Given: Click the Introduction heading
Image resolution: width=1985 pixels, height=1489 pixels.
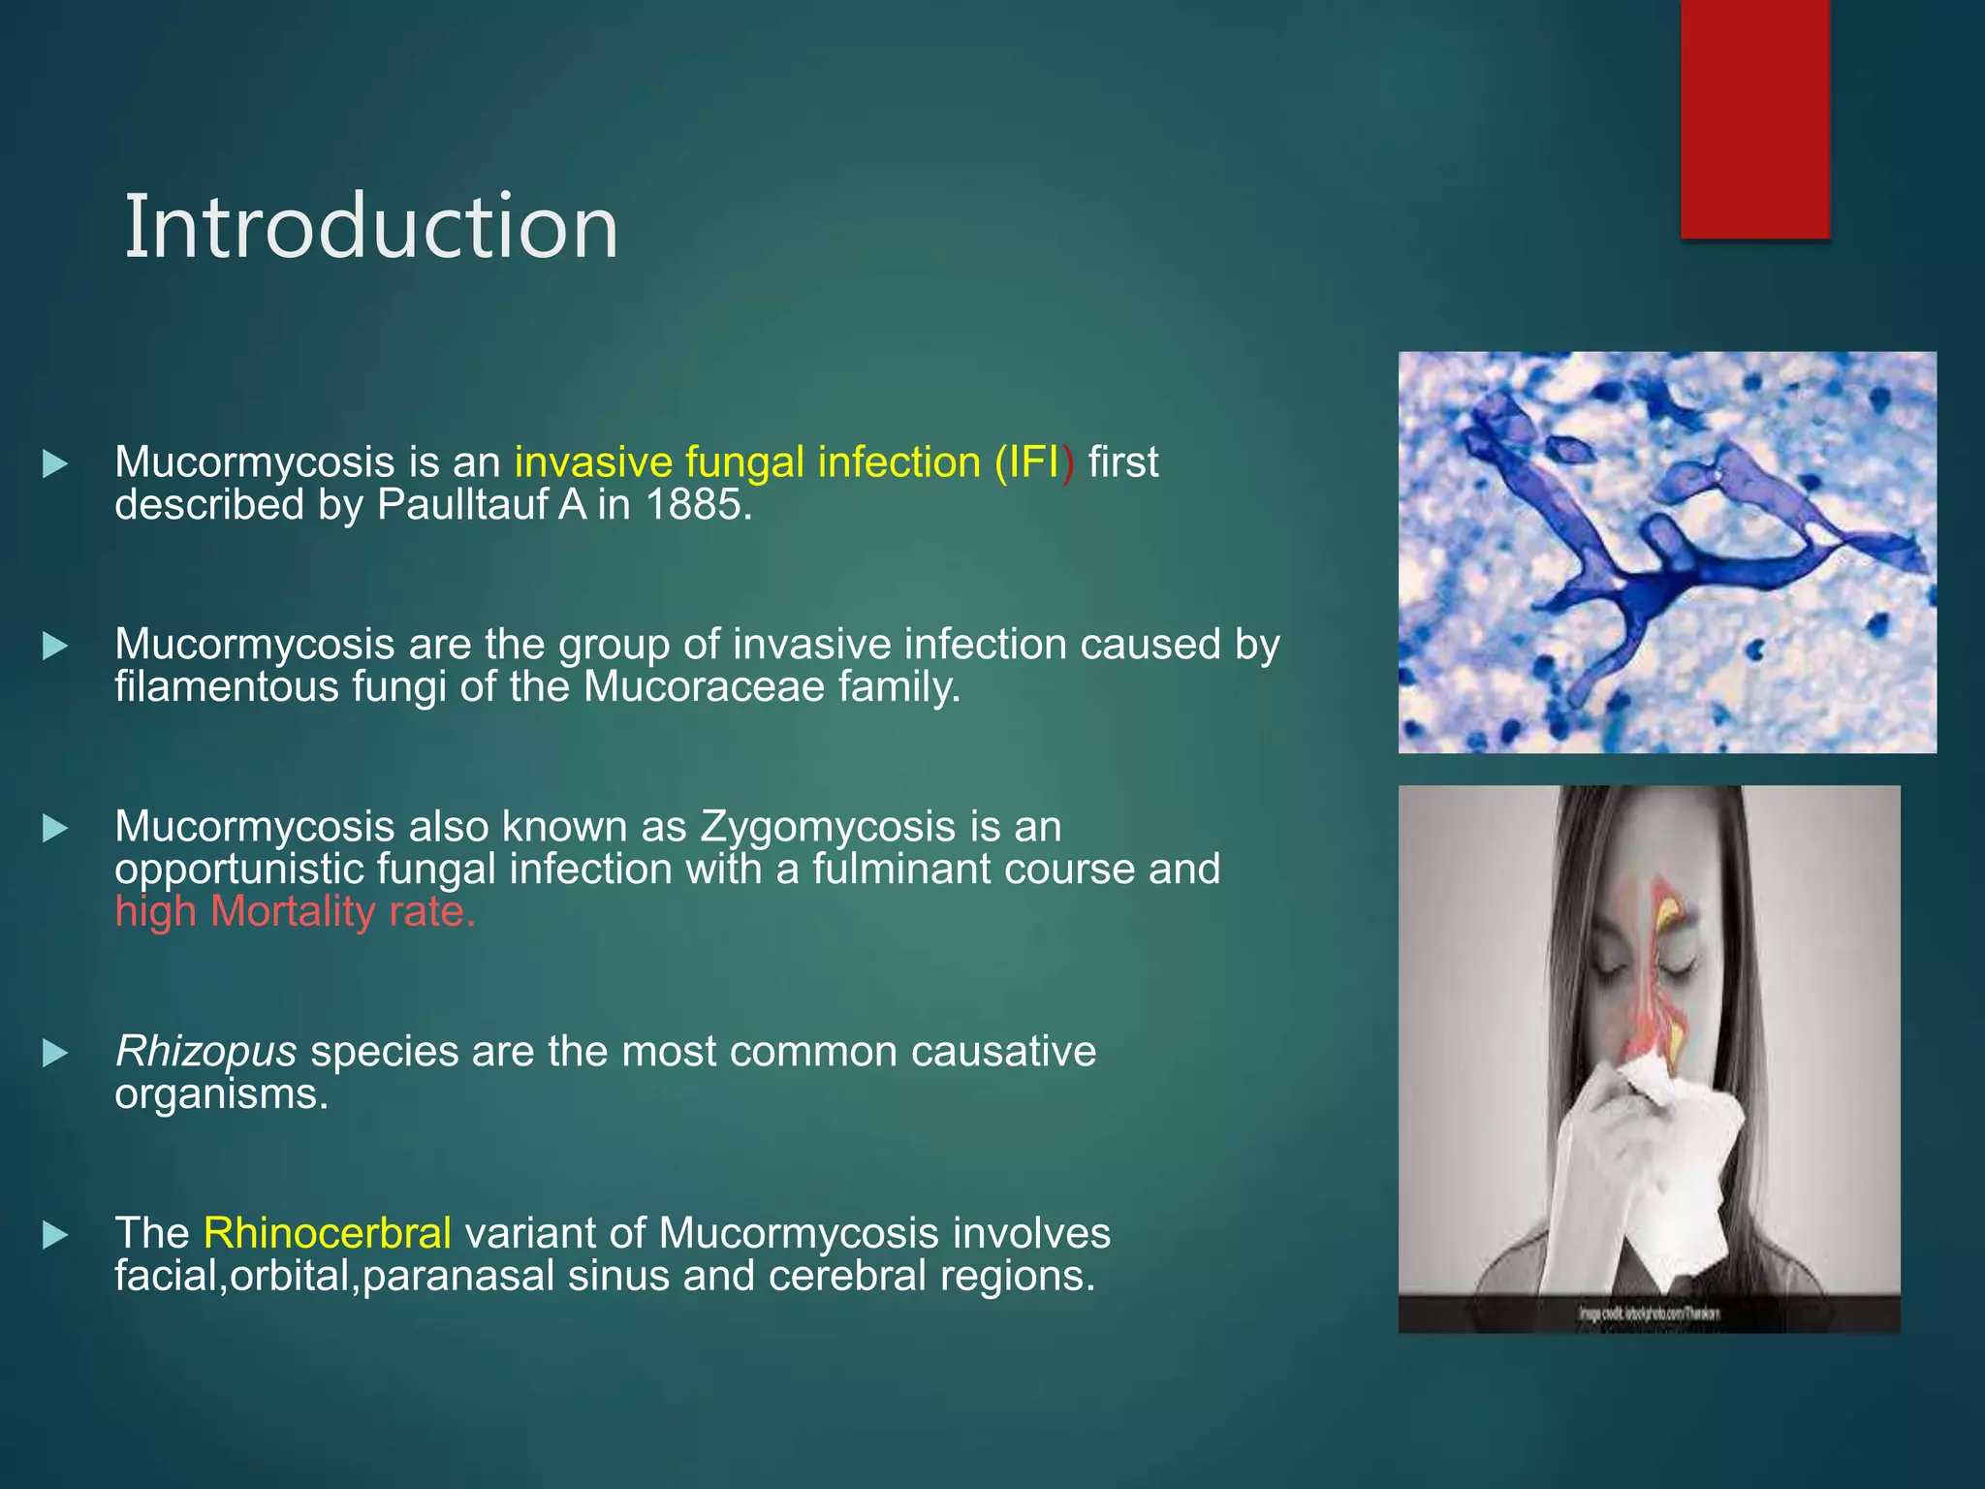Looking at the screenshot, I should (371, 227).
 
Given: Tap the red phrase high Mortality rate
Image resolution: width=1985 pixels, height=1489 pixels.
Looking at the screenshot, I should (295, 912).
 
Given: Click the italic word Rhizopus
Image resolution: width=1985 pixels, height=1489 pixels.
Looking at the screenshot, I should (205, 1052).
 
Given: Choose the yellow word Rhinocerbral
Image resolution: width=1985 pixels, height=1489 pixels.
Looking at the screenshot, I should (328, 1234).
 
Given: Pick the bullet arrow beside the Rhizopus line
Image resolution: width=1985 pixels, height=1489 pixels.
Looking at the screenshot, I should (55, 1053).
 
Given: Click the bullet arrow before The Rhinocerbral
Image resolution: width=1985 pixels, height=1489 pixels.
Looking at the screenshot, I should (55, 1235).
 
